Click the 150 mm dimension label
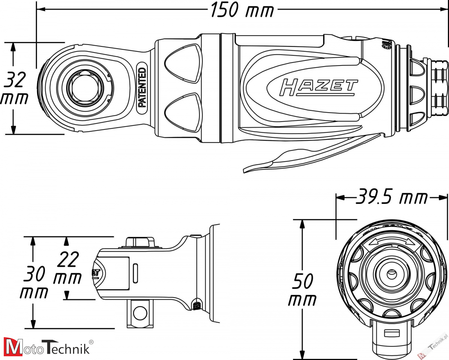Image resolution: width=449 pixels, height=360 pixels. point(241,10)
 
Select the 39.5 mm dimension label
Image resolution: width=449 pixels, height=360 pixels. point(391,197)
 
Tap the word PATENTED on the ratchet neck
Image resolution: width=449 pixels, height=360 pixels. point(142,87)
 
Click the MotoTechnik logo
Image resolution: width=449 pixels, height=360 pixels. point(47,347)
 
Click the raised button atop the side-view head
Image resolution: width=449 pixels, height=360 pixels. point(140,241)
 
